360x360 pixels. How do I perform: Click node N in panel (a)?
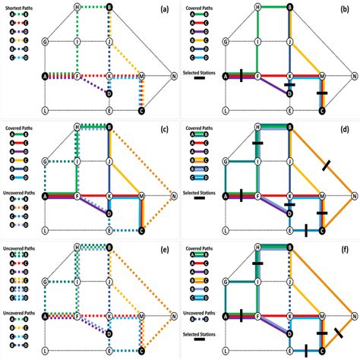coord(174,76)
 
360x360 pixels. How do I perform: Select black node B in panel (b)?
coord(290,7)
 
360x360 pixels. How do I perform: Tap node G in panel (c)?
coord(46,162)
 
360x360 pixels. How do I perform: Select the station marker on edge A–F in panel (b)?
coord(241,76)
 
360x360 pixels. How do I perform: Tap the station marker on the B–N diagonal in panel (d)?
coord(327,166)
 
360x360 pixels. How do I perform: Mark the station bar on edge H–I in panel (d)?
coord(257,143)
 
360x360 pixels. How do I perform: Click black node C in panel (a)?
coord(141,110)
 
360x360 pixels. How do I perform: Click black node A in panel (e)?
coord(46,316)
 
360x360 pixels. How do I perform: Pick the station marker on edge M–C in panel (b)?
coord(321,93)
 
